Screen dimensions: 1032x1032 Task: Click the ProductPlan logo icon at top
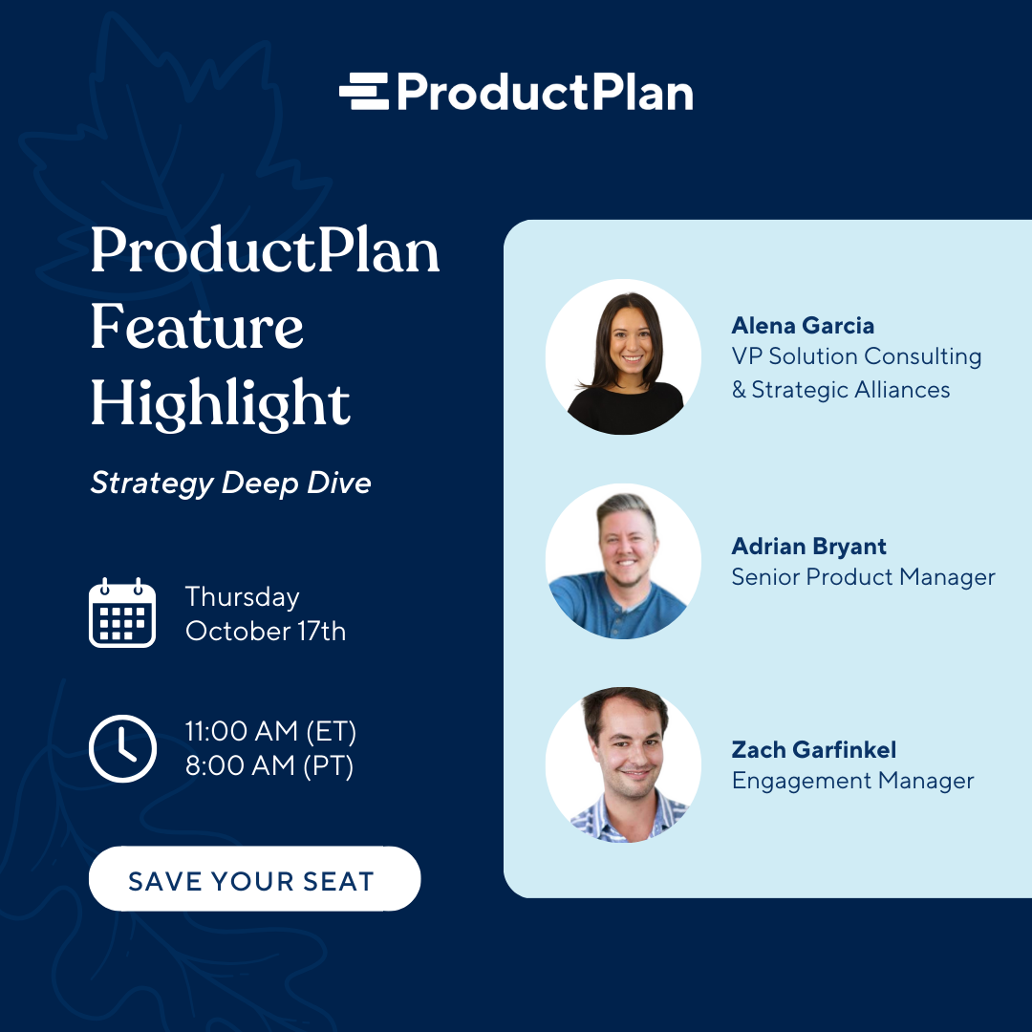point(364,91)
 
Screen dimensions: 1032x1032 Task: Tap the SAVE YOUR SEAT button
point(255,879)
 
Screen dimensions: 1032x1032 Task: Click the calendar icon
point(122,613)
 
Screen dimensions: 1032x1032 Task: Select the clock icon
point(122,748)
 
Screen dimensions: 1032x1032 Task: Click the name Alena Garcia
point(803,325)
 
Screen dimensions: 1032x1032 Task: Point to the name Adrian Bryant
point(809,547)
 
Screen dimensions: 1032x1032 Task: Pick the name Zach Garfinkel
point(814,750)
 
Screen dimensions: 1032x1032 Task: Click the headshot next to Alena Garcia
point(623,356)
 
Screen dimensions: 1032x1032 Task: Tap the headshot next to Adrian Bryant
point(623,562)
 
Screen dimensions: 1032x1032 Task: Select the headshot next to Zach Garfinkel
point(623,764)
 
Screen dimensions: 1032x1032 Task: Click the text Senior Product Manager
point(864,577)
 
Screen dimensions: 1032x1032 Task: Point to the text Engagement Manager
point(853,781)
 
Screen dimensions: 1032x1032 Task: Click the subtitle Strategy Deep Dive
point(231,484)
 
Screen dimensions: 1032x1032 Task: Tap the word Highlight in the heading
point(221,403)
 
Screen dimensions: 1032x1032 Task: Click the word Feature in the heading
point(197,327)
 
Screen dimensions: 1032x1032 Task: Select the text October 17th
point(266,632)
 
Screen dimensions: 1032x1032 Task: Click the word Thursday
point(242,597)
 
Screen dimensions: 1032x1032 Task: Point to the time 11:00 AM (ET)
point(270,731)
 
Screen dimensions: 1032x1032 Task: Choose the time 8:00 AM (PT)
point(269,765)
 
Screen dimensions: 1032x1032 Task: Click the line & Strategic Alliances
point(841,390)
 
